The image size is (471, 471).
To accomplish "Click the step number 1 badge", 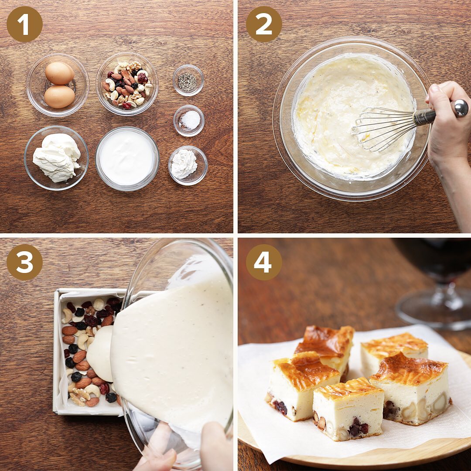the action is [24, 24].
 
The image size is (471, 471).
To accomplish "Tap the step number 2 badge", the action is [264, 24].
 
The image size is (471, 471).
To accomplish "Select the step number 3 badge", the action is [24, 262].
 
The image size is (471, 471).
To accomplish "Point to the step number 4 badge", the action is [264, 262].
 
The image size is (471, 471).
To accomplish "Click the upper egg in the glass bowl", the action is [59, 73].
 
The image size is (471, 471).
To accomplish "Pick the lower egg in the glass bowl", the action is [59, 97].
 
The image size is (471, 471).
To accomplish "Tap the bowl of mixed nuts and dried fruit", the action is [127, 84].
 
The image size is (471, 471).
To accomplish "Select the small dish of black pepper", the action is [188, 81].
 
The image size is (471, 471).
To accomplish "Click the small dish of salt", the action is [189, 121].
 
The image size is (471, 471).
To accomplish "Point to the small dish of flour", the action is [188, 166].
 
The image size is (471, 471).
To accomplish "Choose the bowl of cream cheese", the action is [56, 158].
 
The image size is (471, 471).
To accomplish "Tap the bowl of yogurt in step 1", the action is [127, 159].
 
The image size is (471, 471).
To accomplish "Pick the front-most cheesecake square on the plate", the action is [348, 409].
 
